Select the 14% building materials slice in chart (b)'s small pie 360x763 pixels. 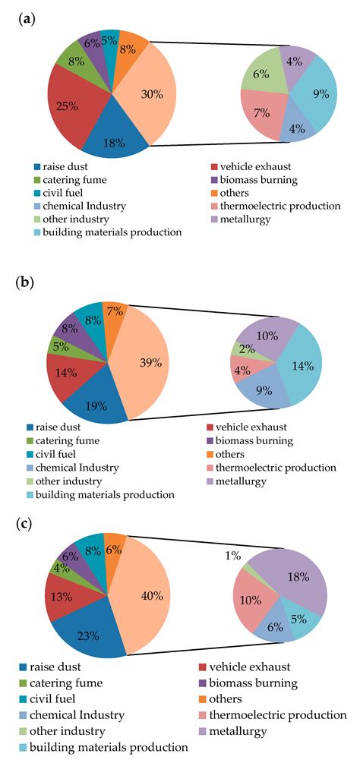coord(302,364)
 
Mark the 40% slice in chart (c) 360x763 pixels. coord(151,596)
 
